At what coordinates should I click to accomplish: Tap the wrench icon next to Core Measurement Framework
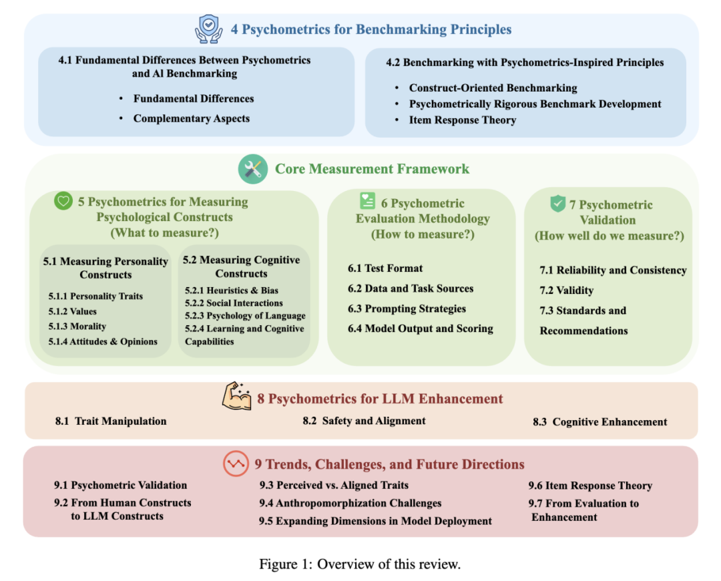[x=253, y=169]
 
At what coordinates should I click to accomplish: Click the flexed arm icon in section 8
[x=236, y=398]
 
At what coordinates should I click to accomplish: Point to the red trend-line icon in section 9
[x=236, y=464]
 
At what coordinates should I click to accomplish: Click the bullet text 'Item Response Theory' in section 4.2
[x=463, y=120]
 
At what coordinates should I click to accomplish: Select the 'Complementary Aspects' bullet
[x=192, y=119]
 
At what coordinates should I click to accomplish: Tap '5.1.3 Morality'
[x=77, y=327]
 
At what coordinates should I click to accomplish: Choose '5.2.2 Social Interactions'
[x=234, y=303]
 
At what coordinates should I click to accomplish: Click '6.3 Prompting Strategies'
[x=407, y=309]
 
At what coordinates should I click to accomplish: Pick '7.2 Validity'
[x=566, y=290]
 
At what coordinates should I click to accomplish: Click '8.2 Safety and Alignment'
[x=364, y=421]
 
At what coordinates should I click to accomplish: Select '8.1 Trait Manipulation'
[x=111, y=421]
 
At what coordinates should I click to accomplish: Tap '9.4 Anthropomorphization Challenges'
[x=350, y=503]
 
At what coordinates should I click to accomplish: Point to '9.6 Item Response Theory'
[x=590, y=486]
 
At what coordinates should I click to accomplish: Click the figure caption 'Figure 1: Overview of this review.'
[x=360, y=564]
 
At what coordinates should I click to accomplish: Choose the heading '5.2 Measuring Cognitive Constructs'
[x=242, y=266]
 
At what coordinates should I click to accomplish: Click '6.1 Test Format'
[x=385, y=268]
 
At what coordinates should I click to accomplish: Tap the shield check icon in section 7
[x=557, y=203]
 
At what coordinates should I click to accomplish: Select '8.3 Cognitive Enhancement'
[x=600, y=422]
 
